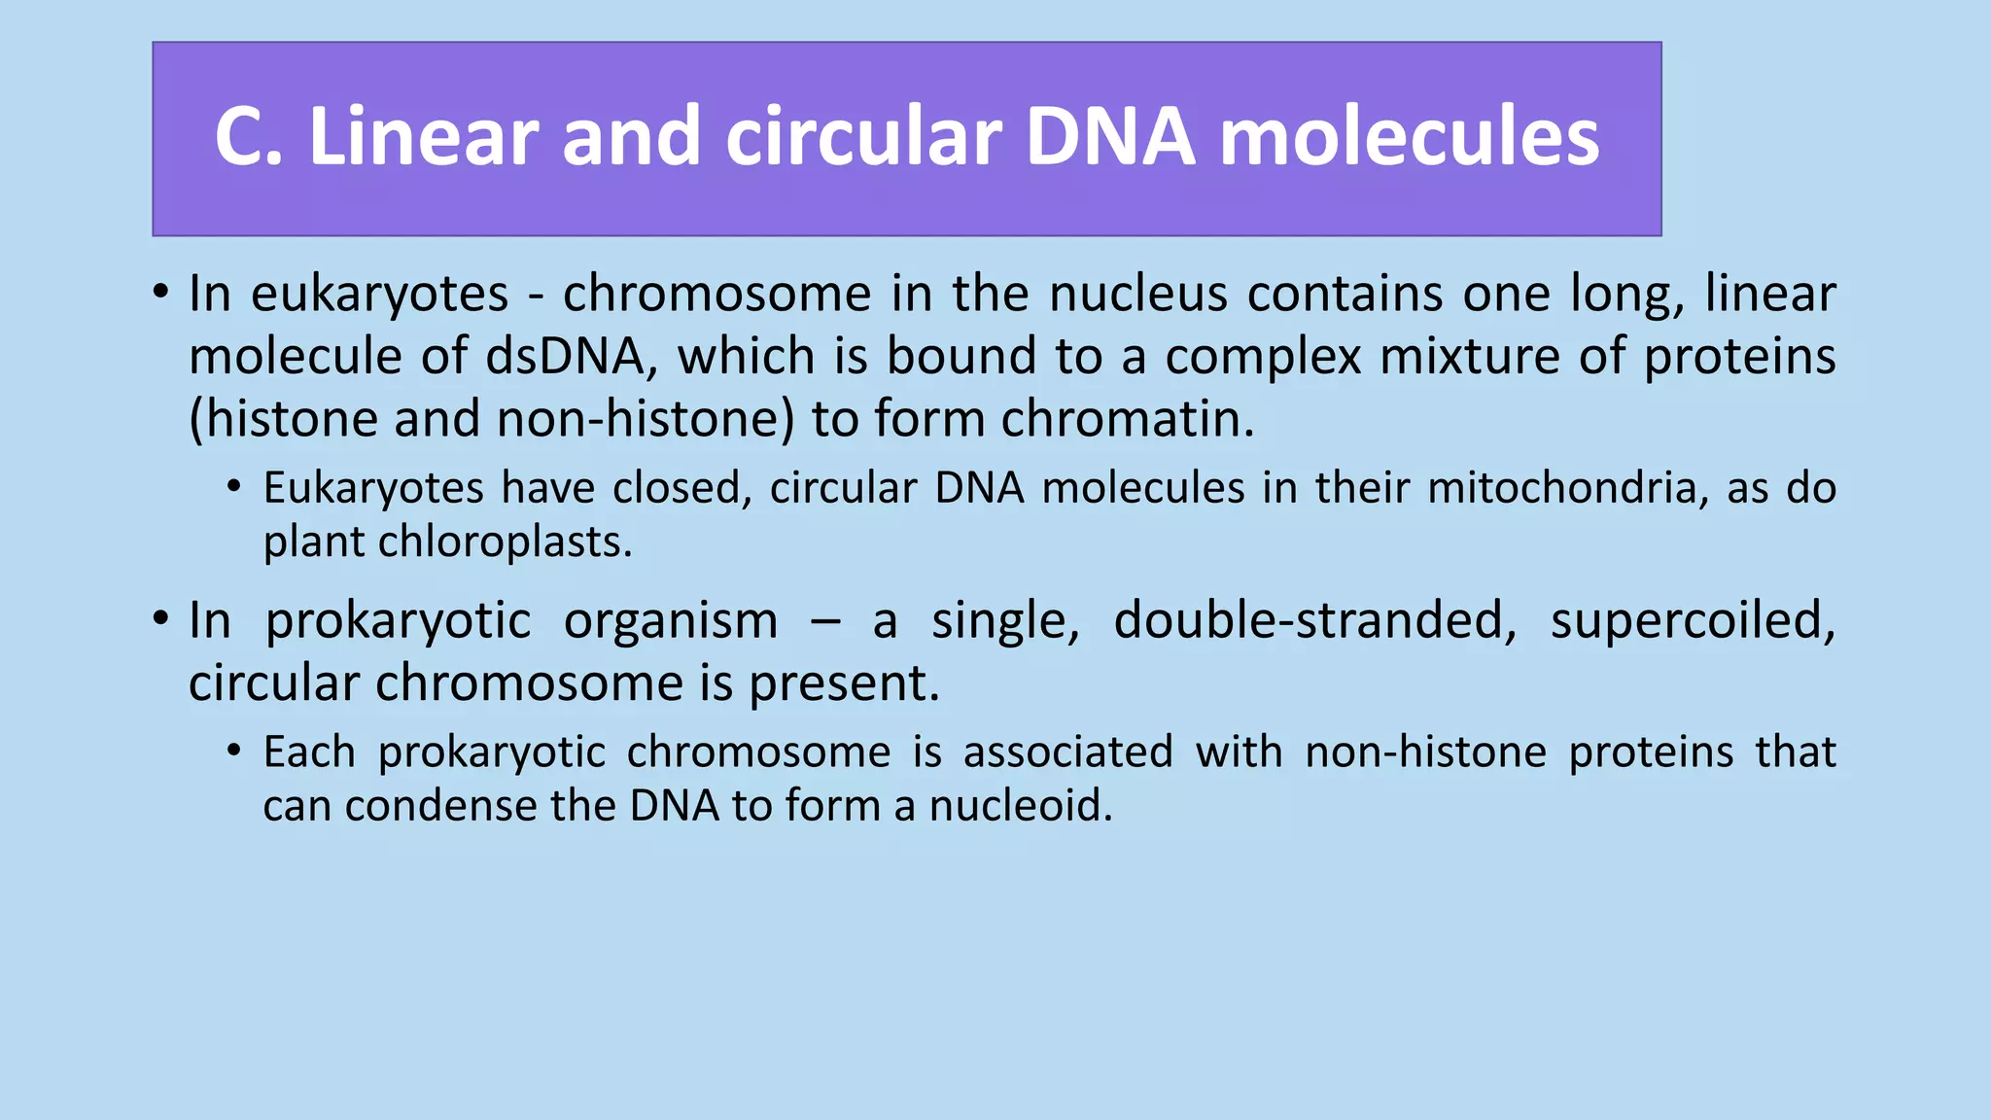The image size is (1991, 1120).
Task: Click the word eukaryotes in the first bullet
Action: coord(379,294)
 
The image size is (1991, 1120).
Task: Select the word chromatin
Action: coord(1127,419)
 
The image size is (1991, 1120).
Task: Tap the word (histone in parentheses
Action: coord(283,419)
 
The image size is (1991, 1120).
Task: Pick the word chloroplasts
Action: coord(505,542)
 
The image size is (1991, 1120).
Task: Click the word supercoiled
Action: coord(1693,620)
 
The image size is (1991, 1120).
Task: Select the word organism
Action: coord(671,620)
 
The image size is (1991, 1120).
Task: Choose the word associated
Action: coord(1068,752)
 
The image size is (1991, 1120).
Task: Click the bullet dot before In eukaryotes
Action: coord(161,293)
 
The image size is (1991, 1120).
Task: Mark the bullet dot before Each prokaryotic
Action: coord(233,751)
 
